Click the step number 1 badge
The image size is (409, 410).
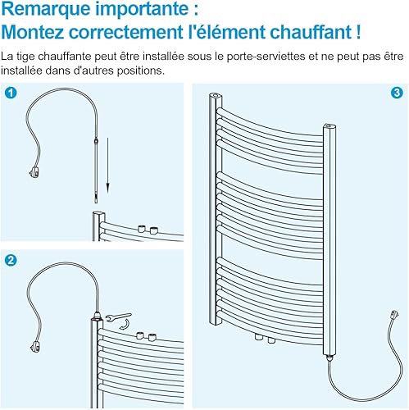[11, 93]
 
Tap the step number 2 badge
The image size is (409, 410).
[11, 260]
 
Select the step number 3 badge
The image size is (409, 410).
[397, 93]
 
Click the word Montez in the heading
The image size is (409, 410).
[33, 32]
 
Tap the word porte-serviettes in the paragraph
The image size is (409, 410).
[266, 57]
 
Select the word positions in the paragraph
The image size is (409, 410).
[140, 71]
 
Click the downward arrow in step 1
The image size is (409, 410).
[108, 165]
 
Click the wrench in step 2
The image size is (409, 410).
[118, 317]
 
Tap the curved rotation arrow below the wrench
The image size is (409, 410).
[125, 325]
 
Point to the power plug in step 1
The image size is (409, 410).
[35, 172]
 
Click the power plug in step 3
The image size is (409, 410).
[394, 315]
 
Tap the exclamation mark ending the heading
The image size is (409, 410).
[358, 32]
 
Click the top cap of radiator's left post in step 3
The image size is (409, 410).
[216, 95]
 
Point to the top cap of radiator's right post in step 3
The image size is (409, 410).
[329, 126]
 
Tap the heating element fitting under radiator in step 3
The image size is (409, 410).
[329, 358]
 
